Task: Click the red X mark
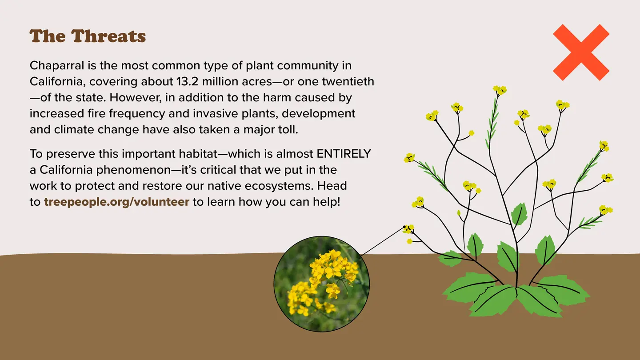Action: pos(581,52)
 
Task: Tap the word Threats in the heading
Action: pos(108,36)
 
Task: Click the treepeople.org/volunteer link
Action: pos(116,202)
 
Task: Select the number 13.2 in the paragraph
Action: pos(187,81)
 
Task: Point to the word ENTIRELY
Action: pos(344,154)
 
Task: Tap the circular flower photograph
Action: pos(322,284)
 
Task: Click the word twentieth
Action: pos(348,81)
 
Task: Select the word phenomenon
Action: pos(133,170)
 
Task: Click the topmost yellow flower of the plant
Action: pos(500,90)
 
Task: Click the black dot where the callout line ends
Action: pos(404,227)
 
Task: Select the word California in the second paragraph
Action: pos(66,170)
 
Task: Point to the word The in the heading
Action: pos(48,36)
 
